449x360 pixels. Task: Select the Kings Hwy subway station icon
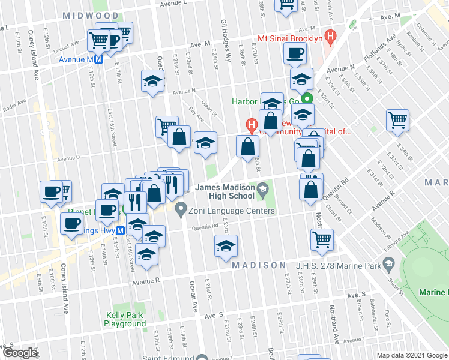click(121, 230)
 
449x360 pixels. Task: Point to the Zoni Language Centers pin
click(180, 211)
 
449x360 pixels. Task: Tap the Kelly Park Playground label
click(125, 319)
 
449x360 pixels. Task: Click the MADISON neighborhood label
click(259, 265)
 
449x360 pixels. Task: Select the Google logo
click(19, 353)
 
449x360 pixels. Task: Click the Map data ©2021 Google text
click(412, 355)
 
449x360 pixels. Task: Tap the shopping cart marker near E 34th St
click(397, 121)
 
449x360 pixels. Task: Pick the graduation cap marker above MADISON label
click(225, 246)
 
